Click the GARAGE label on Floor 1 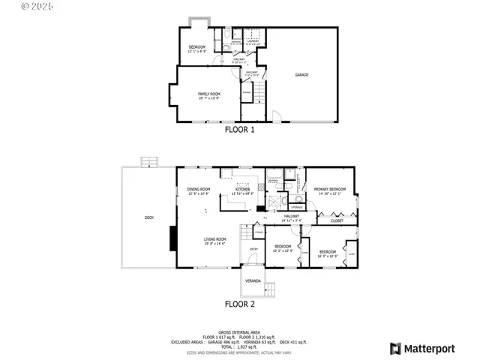pyautogui.click(x=301, y=75)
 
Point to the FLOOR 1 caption pyautogui.click(x=240, y=130)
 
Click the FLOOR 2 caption pyautogui.click(x=240, y=304)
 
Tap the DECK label pyautogui.click(x=148, y=218)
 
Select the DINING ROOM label pyautogui.click(x=199, y=190)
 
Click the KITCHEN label pyautogui.click(x=243, y=190)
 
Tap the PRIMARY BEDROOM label pyautogui.click(x=329, y=190)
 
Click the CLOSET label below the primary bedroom pyautogui.click(x=337, y=220)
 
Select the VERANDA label pyautogui.click(x=253, y=280)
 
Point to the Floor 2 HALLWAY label pyautogui.click(x=291, y=217)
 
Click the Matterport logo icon pyautogui.click(x=395, y=348)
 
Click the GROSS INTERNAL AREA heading pyautogui.click(x=240, y=331)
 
